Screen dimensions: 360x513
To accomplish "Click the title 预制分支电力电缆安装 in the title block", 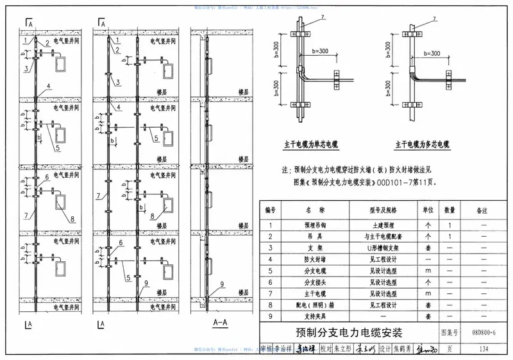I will click(x=349, y=333).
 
